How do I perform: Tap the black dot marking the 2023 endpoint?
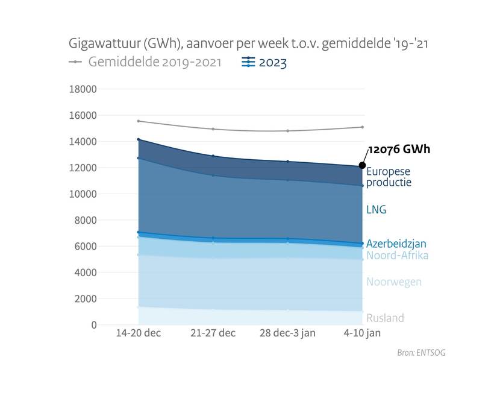coord(363,165)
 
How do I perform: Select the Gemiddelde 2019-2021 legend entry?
coord(145,62)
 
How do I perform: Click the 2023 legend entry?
coord(263,62)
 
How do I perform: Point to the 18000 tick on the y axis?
coord(84,89)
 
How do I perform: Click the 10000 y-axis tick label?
coord(84,194)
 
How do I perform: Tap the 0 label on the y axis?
coord(93,325)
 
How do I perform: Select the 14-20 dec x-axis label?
coord(138,333)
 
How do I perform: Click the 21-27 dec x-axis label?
coord(213,333)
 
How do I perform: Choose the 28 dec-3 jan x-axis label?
coord(287,333)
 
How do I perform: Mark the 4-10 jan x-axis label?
coord(362,333)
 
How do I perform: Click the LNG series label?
coord(376,210)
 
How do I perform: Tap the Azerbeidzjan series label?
coord(396,244)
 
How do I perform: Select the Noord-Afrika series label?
coord(397,256)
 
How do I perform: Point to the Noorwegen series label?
coord(394,282)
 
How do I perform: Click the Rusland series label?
coord(385,318)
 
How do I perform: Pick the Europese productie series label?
coord(389,177)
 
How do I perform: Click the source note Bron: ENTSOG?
coord(421,353)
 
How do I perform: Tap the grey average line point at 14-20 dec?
coord(138,121)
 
